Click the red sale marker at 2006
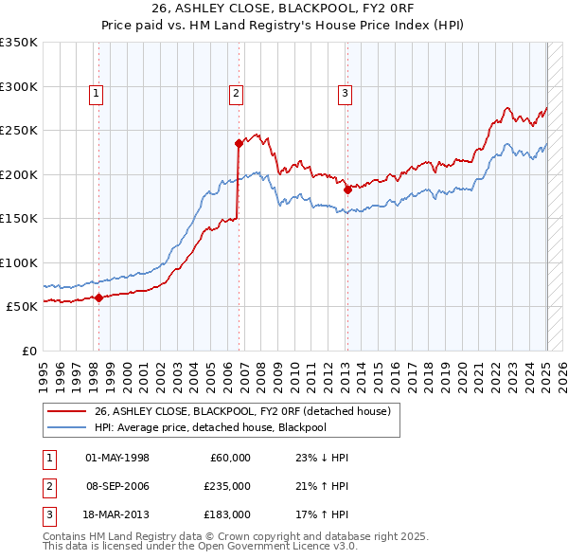(240, 143)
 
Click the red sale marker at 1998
(98, 298)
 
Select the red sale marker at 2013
(347, 189)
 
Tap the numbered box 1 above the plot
(98, 93)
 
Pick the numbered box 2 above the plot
(236, 93)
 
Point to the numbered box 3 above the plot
(346, 93)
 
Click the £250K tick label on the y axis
(19, 131)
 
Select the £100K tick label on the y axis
(19, 262)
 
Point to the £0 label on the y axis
(29, 351)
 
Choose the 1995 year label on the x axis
(44, 370)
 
